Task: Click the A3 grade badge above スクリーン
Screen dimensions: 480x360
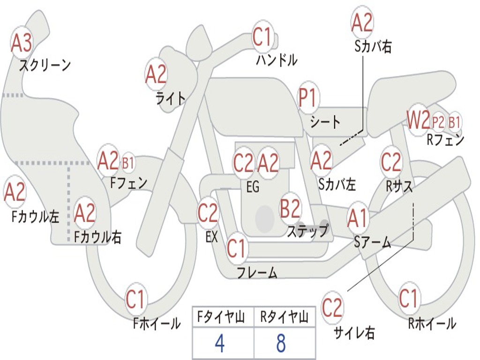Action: [x=22, y=43]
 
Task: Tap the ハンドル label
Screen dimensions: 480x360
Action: [x=277, y=60]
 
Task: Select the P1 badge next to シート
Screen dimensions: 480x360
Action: [x=307, y=98]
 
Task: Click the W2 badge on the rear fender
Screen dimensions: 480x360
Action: [x=418, y=121]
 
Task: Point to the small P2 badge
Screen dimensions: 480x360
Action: [x=438, y=122]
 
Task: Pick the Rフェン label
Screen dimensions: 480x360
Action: [x=445, y=139]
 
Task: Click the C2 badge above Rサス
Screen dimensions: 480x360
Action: [x=391, y=162]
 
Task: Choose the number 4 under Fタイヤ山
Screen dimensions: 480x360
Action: [x=219, y=344]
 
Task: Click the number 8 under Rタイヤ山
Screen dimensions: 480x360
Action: [x=281, y=344]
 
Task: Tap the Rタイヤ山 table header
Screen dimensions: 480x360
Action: [x=284, y=318]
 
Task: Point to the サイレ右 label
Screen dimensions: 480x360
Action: [x=354, y=333]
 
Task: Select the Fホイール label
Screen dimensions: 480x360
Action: [x=157, y=323]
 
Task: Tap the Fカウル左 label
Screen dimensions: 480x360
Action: [x=36, y=216]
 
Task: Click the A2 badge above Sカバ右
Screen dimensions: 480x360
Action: [x=362, y=22]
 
